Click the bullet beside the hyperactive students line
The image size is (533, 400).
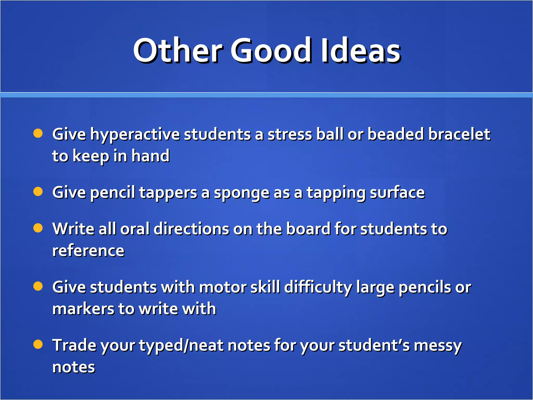tap(38, 133)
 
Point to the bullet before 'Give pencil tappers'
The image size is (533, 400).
tap(38, 192)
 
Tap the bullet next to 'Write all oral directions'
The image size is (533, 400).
tap(38, 228)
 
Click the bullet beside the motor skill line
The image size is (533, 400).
tap(38, 286)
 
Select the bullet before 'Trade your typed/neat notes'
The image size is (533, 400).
tap(38, 344)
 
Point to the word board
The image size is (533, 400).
tap(308, 229)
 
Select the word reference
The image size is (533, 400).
tap(88, 251)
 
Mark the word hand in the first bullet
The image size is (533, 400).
tap(150, 156)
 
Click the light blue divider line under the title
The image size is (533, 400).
tap(266, 95)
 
